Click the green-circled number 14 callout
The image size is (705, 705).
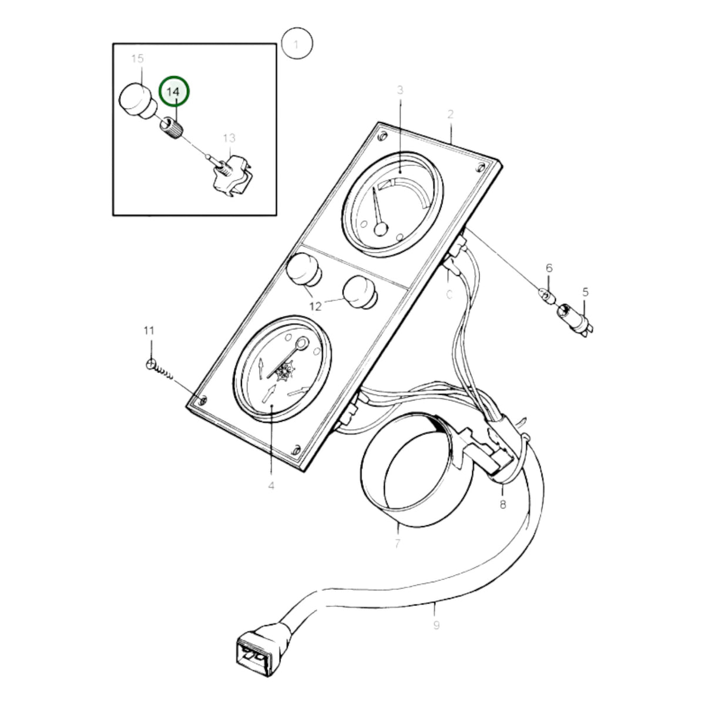coord(174,91)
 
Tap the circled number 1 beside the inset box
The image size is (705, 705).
coord(297,43)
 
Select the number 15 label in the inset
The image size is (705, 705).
coord(137,59)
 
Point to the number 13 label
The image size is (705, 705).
coord(229,138)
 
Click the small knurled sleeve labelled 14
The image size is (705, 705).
coord(171,128)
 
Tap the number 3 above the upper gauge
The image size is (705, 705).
coord(400,90)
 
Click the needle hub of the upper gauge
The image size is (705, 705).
coord(381,229)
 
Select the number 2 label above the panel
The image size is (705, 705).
coord(451,115)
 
